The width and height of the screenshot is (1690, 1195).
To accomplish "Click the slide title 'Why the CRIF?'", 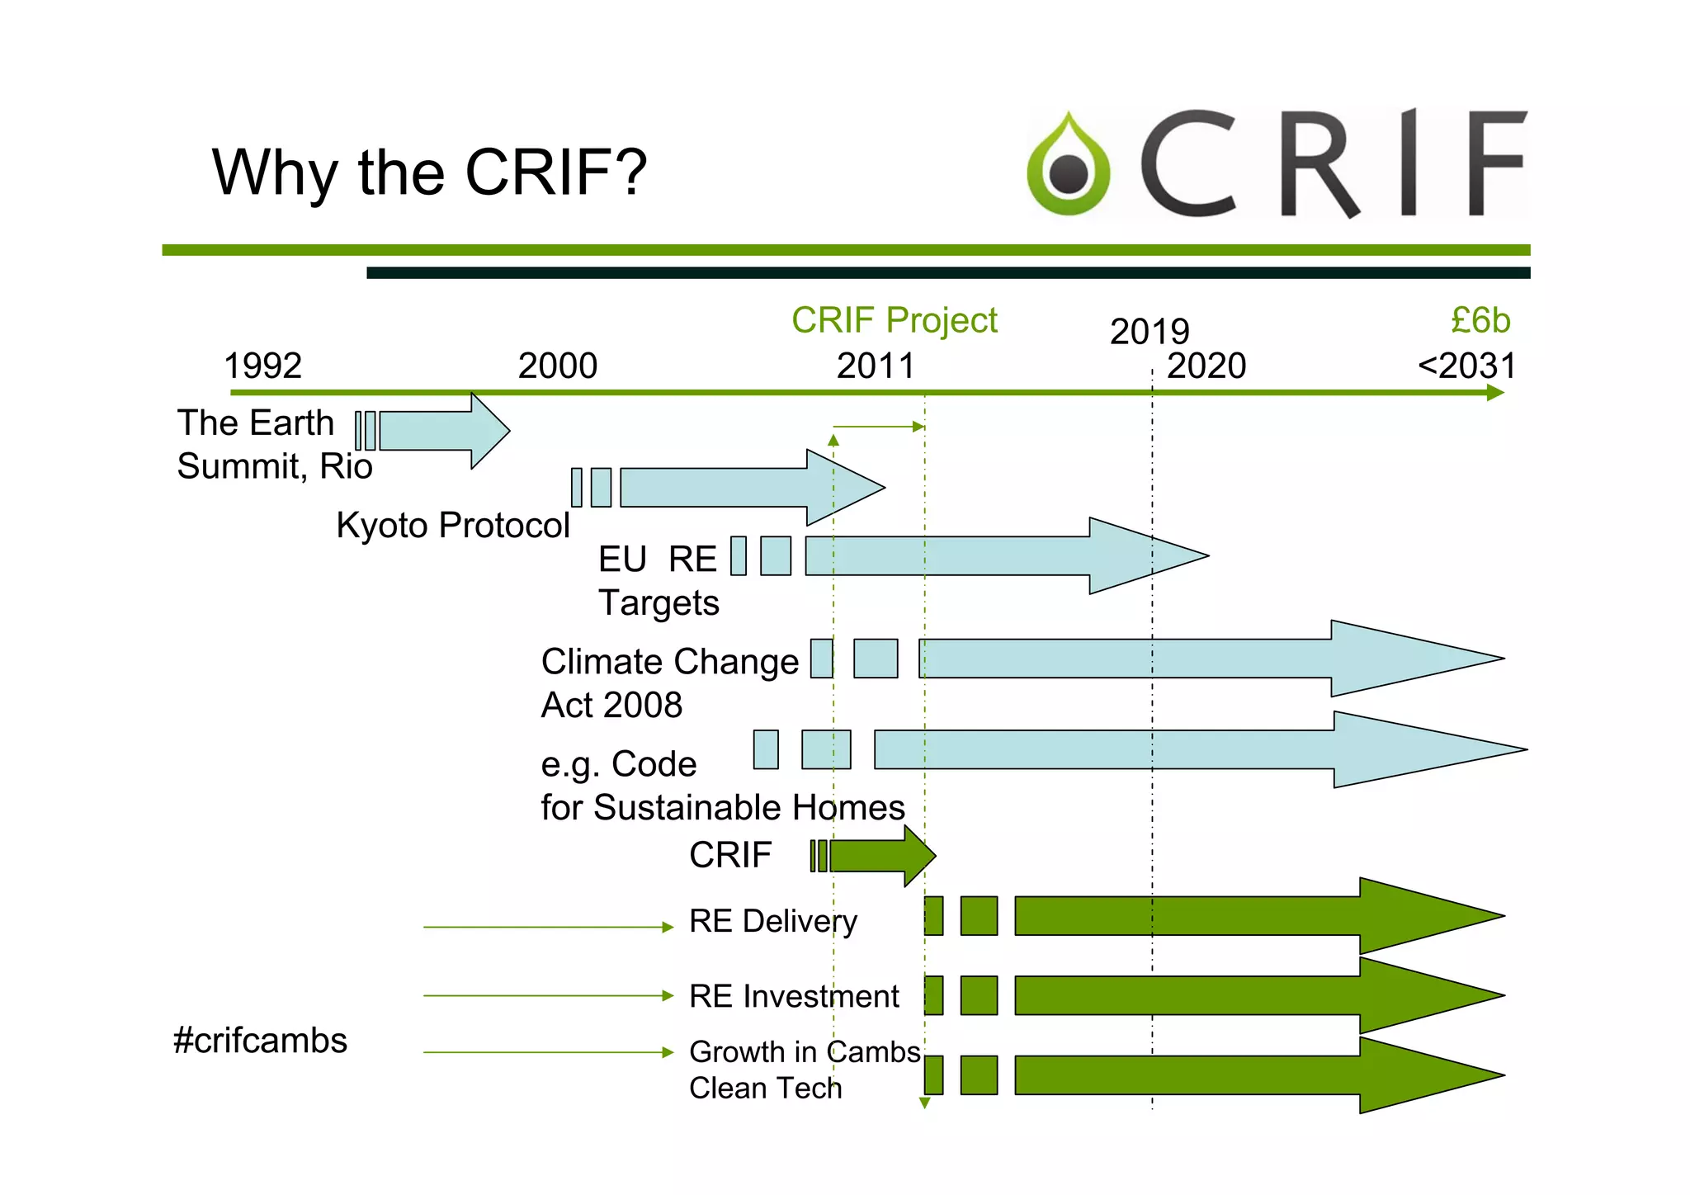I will coord(429,172).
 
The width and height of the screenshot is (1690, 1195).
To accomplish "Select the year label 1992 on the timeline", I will coord(262,366).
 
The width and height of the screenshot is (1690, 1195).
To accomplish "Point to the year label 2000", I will coord(557,366).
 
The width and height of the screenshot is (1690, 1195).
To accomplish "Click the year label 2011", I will coord(876,366).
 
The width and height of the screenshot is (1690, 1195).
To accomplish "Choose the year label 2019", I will coord(1149,332).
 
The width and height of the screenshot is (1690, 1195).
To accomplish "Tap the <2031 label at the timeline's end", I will coord(1466,366).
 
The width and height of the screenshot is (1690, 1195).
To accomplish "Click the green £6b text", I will coord(1480,320).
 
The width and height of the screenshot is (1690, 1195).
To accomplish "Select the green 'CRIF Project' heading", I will coord(894,320).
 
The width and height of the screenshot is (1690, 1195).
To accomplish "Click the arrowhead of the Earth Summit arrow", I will coord(490,431).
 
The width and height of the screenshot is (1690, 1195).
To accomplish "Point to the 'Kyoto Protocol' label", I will coord(452,525).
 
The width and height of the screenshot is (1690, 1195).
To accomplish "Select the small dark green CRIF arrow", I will coord(879,856).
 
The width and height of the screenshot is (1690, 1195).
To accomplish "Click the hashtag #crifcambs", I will coord(260,1041).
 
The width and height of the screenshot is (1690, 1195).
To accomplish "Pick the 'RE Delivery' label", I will coord(772,921).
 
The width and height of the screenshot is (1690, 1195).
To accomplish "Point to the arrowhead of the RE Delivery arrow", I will coord(1428,916).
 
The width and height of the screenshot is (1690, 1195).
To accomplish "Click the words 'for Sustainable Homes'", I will coord(723,807).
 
